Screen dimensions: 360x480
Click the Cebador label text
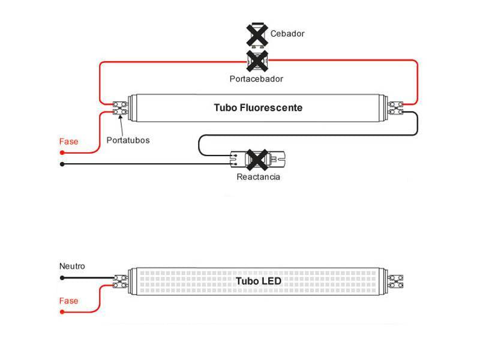pos(287,34)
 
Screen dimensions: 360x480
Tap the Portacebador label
pos(256,79)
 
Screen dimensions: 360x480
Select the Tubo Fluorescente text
pos(258,108)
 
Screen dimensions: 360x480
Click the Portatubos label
pos(128,140)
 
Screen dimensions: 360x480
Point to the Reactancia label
pos(258,177)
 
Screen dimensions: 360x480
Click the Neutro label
pos(72,266)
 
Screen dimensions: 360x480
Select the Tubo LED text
pos(258,281)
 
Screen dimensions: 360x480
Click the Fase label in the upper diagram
pos(68,142)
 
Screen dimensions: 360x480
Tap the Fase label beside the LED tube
pos(68,301)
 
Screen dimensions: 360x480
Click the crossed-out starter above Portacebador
pos(257,34)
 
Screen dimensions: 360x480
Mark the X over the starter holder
pos(257,61)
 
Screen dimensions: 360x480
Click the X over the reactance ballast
pos(258,159)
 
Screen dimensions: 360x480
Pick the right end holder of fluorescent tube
pos(395,108)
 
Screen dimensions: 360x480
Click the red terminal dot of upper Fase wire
pos(62,153)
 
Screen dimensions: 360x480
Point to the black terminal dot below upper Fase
pos(62,164)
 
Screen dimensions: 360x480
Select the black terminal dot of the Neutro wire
pos(62,278)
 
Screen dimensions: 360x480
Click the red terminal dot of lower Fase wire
pos(62,313)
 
